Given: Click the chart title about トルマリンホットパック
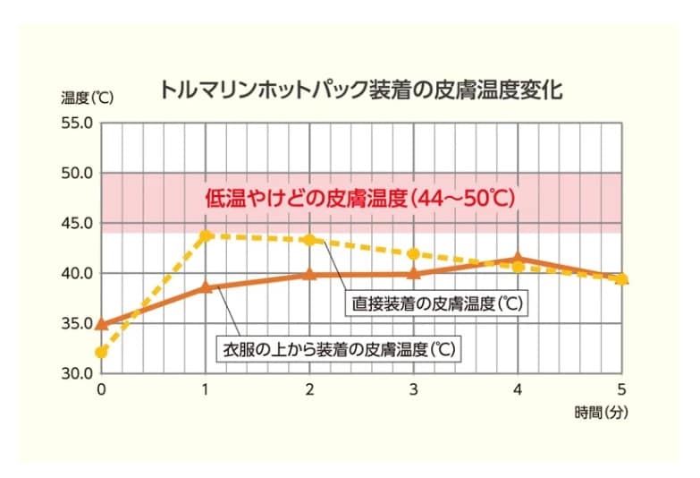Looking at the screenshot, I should coord(361,90).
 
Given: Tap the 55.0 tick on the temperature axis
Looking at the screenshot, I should coord(77,123).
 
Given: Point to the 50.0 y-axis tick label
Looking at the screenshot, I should coord(77,173).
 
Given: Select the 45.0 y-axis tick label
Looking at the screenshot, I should coord(77,223).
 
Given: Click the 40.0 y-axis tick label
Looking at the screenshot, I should coord(77,273).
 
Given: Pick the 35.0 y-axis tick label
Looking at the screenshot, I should coord(77,323).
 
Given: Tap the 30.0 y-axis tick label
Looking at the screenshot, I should coord(77,373).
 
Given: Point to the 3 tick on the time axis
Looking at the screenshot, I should coord(413,389).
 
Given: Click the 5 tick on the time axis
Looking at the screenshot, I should coord(622,389).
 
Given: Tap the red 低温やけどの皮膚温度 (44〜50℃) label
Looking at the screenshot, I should coord(360,198).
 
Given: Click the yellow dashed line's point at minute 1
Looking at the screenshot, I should coord(206,236).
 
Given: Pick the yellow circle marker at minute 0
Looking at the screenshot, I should coord(101,352).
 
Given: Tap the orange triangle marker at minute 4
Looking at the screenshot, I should coord(518,259).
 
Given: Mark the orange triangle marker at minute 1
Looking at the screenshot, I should coord(206,286).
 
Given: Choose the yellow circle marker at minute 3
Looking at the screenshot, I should coord(413,253).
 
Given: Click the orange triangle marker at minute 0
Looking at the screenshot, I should coord(101,323).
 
